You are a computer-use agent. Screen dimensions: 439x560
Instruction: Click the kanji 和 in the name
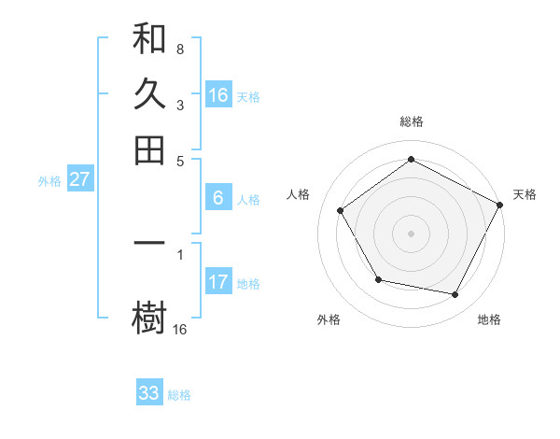click(x=149, y=39)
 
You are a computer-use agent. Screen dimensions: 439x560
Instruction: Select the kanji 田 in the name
click(x=149, y=149)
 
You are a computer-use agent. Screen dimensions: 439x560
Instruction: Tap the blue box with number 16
click(x=218, y=95)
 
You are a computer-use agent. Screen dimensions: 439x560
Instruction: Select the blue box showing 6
click(x=218, y=198)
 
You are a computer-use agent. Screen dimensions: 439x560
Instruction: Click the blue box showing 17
click(x=218, y=282)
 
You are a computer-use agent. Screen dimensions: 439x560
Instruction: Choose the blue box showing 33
click(x=149, y=393)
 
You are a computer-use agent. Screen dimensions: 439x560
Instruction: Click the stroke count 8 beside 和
click(x=179, y=48)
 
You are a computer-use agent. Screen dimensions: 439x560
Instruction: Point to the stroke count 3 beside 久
click(x=179, y=106)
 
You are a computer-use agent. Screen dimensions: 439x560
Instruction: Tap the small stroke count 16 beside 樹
click(x=180, y=329)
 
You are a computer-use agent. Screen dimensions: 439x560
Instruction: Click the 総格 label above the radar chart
click(x=411, y=122)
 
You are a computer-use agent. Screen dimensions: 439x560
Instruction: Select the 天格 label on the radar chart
click(x=525, y=194)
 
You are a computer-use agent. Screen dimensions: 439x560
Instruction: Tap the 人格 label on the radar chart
click(x=298, y=194)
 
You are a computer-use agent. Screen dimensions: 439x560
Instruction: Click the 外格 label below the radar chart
click(x=329, y=320)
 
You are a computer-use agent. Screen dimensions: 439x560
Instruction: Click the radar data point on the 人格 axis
click(x=341, y=210)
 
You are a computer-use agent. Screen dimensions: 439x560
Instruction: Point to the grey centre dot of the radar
click(x=411, y=233)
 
